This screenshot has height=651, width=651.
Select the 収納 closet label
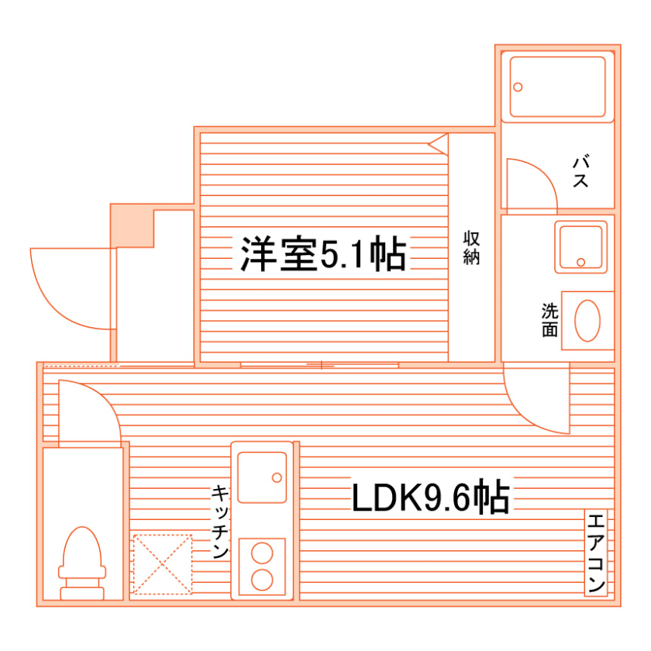point(471,247)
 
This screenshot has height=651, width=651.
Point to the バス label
point(582,172)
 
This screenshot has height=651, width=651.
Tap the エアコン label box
point(595,553)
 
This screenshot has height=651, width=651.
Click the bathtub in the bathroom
point(557,86)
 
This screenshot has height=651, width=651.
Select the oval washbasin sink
point(588,319)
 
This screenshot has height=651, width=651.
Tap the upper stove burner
point(262,554)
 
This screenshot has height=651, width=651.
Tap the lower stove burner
point(262,580)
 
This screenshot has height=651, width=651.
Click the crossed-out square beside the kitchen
point(162,563)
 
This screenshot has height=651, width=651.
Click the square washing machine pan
point(581,247)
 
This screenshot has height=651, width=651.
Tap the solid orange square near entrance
point(131,226)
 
